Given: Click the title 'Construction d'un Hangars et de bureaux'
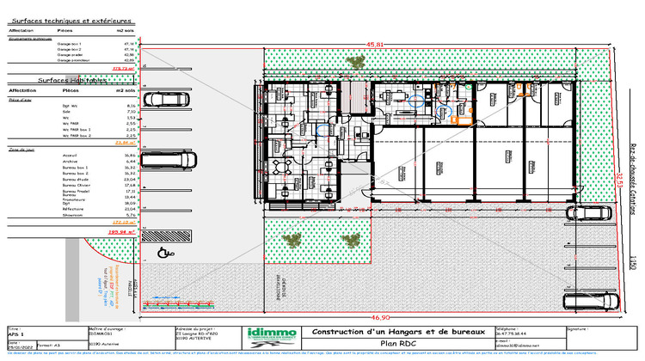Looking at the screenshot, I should (383, 332).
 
